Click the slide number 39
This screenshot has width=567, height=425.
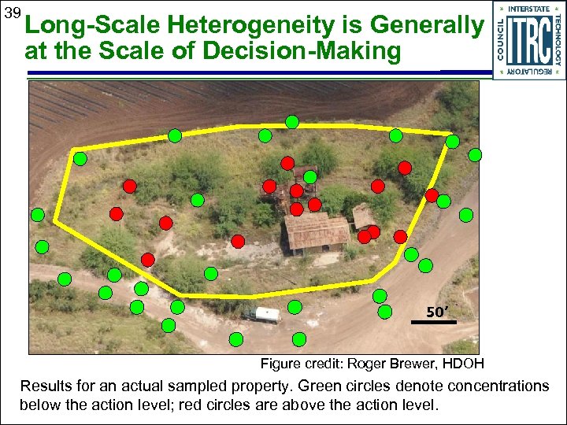pyautogui.click(x=12, y=14)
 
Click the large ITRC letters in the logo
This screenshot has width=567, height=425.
pyautogui.click(x=528, y=40)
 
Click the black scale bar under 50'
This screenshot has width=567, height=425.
pyautogui.click(x=434, y=322)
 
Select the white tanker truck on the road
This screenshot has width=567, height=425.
pyautogui.click(x=261, y=315)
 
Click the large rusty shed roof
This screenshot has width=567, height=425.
pyautogui.click(x=317, y=231)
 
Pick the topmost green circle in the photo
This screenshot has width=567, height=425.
pyautogui.click(x=292, y=122)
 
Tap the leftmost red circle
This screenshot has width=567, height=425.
pyautogui.click(x=116, y=213)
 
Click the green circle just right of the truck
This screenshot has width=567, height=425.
pyautogui.click(x=295, y=307)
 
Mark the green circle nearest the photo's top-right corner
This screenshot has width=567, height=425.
pyautogui.click(x=474, y=155)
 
